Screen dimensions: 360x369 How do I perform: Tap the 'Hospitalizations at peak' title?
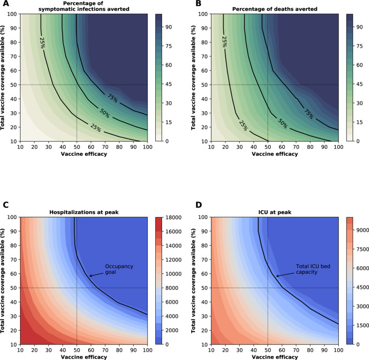pyautogui.click(x=83, y=212)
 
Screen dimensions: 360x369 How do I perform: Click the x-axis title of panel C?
pyautogui.click(x=83, y=355)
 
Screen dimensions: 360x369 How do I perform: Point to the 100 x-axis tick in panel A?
pyautogui.click(x=147, y=147)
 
